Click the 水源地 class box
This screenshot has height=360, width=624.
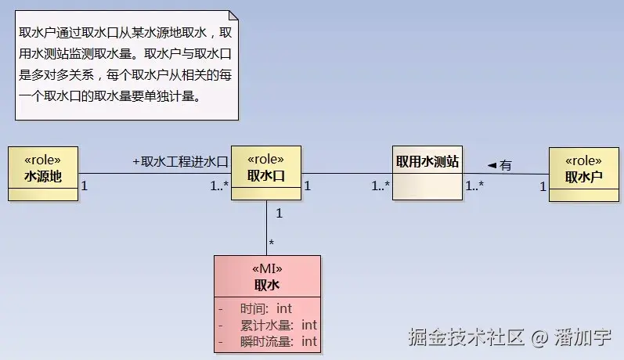click(x=43, y=173)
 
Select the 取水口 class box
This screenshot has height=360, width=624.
click(x=265, y=173)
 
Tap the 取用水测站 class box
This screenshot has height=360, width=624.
click(x=427, y=173)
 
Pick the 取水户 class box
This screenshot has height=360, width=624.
click(x=584, y=174)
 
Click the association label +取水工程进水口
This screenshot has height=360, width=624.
click(x=179, y=162)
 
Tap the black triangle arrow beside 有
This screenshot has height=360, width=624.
click(x=492, y=165)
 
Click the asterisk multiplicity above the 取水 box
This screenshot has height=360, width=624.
click(x=272, y=243)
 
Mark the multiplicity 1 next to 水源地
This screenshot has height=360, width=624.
click(x=85, y=186)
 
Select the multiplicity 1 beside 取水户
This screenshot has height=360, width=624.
click(x=542, y=186)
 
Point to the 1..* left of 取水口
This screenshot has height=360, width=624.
click(x=218, y=186)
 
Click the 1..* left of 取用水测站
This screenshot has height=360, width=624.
click(x=381, y=186)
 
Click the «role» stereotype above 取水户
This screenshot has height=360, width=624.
click(x=583, y=160)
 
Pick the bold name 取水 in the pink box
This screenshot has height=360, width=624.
click(x=267, y=285)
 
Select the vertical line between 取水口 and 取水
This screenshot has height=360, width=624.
click(x=266, y=227)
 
